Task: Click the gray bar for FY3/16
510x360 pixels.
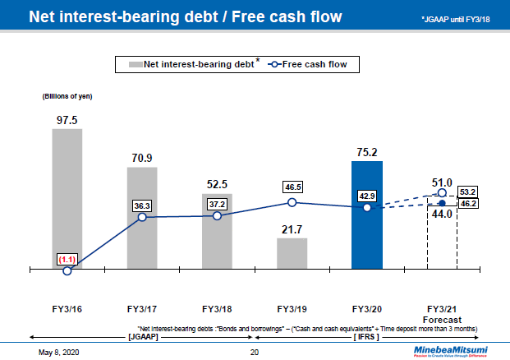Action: [x=67, y=197]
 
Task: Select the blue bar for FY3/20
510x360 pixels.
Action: [x=367, y=214]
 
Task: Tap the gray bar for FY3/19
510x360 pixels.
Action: [x=292, y=253]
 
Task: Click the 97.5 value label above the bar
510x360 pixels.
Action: [x=67, y=119]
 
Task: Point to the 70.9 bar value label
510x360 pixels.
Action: [x=142, y=158]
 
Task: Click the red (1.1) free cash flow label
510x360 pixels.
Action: [x=67, y=259]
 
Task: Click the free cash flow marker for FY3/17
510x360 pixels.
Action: [x=142, y=217]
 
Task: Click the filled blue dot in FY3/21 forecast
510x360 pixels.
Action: [x=442, y=202]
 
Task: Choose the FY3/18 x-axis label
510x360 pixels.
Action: [x=218, y=309]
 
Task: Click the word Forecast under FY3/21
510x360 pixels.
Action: [x=443, y=320]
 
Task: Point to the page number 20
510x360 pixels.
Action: [x=255, y=352]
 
